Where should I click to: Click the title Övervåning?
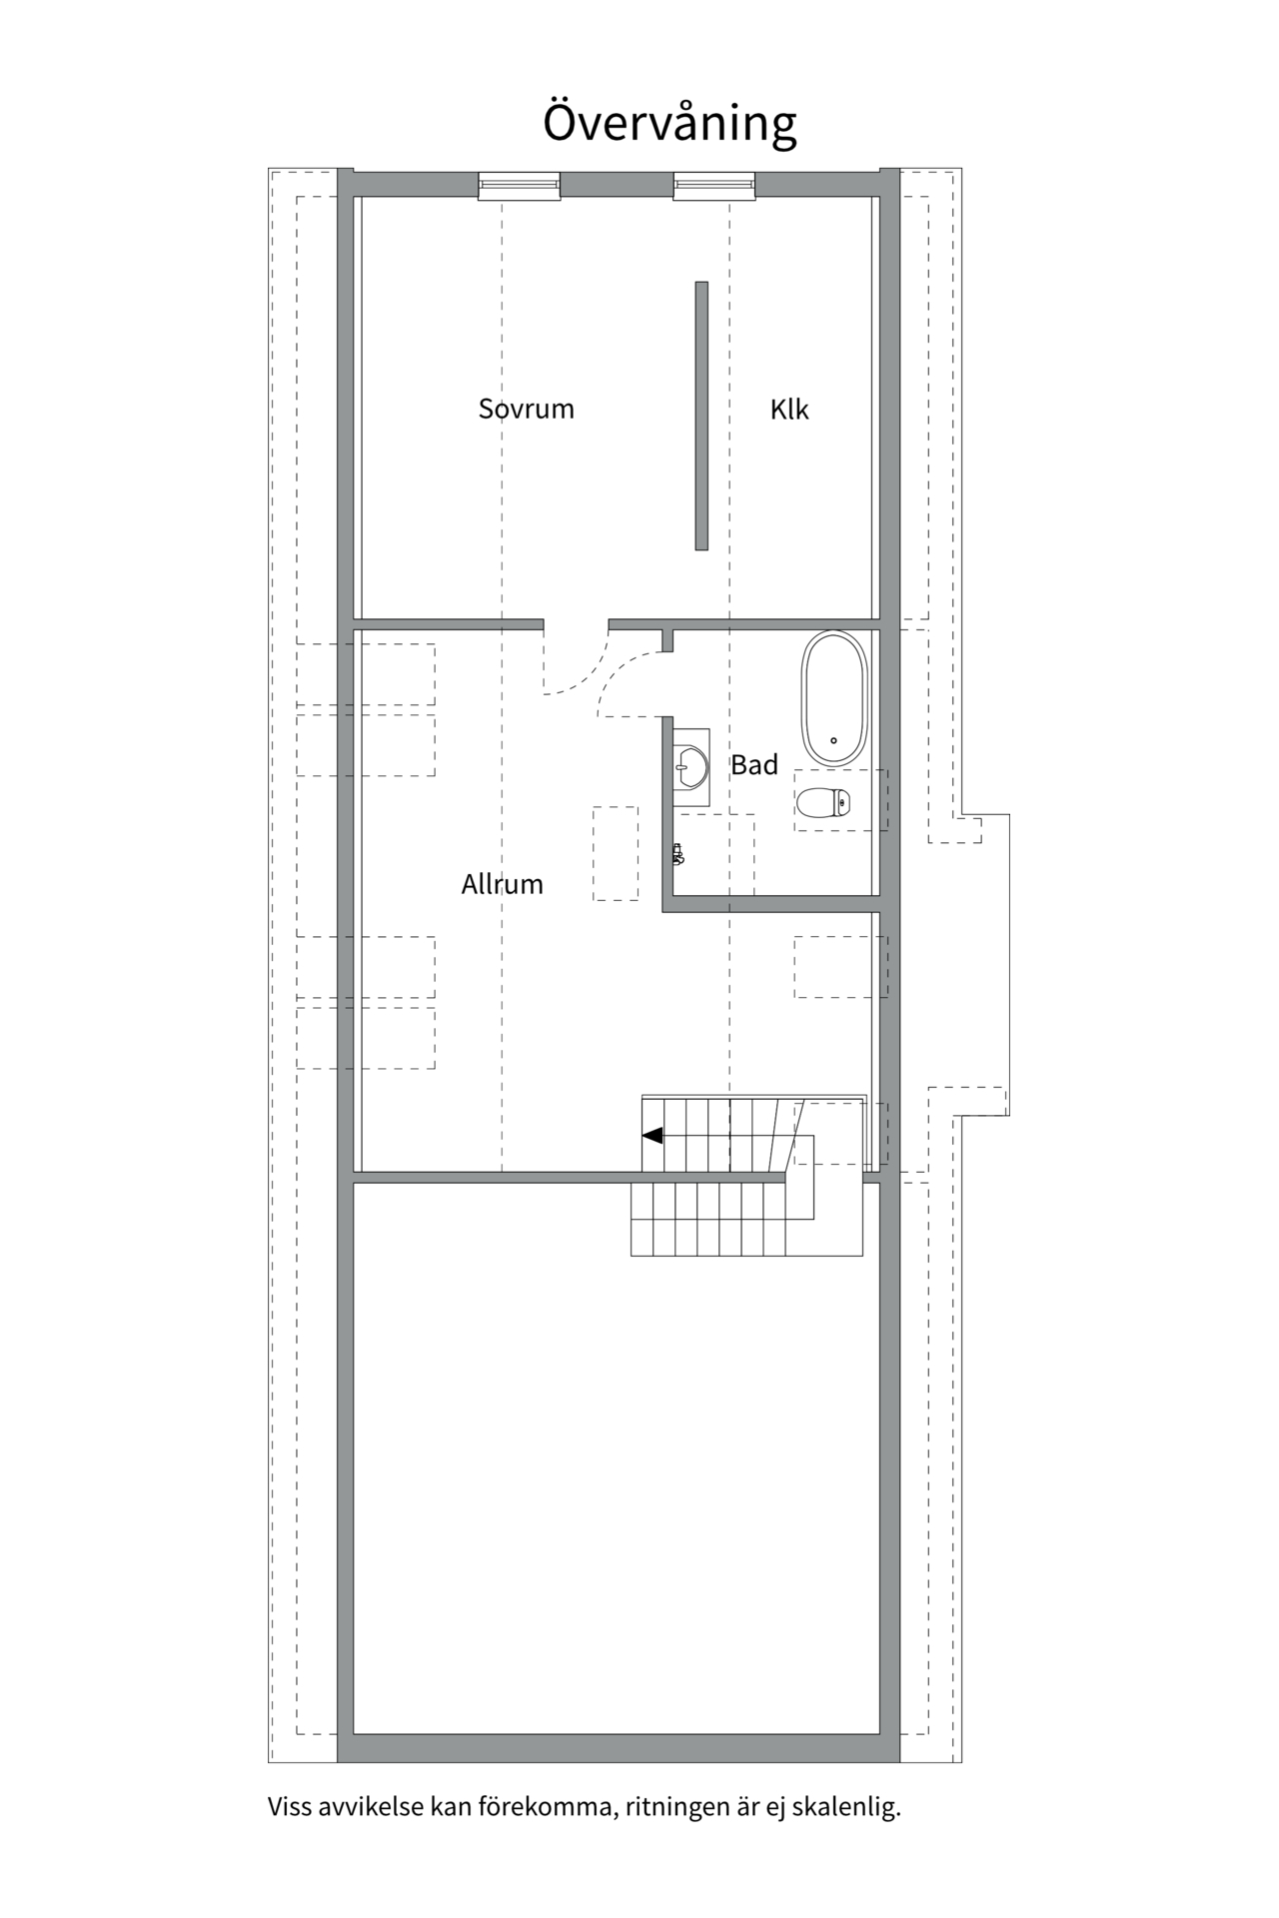[668, 123]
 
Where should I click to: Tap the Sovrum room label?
[526, 409]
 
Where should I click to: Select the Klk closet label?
[788, 409]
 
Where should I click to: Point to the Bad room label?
[753, 765]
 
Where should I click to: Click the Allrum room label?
[502, 884]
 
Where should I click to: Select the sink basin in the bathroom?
[692, 767]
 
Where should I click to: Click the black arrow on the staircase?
[652, 1136]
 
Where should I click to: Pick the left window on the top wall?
[519, 186]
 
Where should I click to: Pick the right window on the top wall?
[713, 186]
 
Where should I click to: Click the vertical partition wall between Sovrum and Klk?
[701, 415]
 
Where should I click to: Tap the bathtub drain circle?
[833, 741]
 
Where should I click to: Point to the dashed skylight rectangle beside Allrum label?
[616, 853]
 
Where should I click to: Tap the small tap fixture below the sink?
[677, 854]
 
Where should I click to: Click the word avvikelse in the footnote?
[370, 1806]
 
